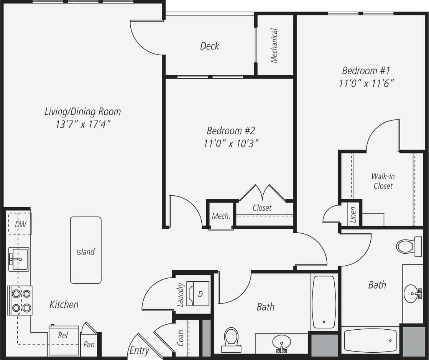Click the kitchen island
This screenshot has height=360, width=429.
pos(85,250)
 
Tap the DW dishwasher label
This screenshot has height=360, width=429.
pos(20,224)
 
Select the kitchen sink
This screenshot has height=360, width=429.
pos(19,259)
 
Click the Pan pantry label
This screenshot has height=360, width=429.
pos(89,344)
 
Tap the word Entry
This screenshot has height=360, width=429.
pos(139,350)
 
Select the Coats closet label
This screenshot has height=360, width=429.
pos(181,337)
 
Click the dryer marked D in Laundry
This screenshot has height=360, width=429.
pos(200,294)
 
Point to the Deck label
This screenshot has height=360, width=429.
pos(210,46)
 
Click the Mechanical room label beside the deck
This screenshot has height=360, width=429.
pos(274,45)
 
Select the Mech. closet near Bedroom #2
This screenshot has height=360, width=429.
pos(221,216)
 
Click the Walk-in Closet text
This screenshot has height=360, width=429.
pos(383,181)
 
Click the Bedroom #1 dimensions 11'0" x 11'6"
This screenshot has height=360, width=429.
pos(367,83)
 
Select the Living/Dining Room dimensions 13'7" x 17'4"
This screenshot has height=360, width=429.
pos(83,124)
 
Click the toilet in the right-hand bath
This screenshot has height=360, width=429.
pos(408,246)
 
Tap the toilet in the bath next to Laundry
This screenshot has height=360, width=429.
pos(232,338)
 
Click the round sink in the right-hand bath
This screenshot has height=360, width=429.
pos(413,294)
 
